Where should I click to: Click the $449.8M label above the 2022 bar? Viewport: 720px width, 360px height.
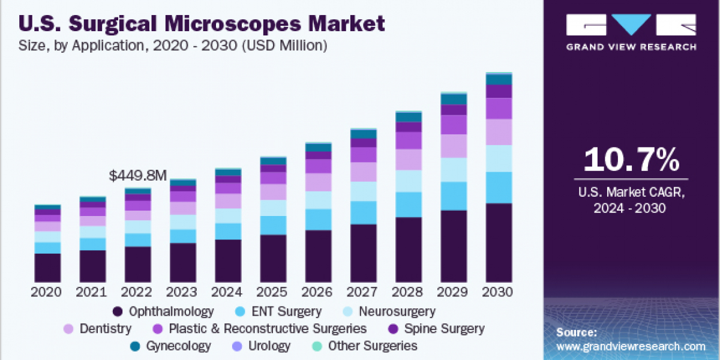(x=137, y=176)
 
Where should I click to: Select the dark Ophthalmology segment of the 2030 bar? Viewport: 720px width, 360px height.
(x=499, y=242)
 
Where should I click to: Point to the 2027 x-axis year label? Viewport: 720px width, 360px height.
(x=363, y=292)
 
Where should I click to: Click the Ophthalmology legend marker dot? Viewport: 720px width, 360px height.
(x=118, y=312)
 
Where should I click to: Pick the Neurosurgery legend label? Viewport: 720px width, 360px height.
(x=397, y=312)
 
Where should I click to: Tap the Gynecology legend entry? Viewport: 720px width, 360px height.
(x=171, y=346)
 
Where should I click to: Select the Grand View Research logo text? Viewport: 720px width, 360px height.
(x=631, y=47)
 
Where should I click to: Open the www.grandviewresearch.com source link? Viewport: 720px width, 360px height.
(x=631, y=346)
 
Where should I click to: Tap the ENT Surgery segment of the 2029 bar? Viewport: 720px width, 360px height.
(x=454, y=196)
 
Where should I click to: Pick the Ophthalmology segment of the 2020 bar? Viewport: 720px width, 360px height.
(x=47, y=268)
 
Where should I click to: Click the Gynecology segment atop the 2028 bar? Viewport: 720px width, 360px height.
(x=408, y=117)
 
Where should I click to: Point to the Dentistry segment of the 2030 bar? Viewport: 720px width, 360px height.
(x=499, y=132)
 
